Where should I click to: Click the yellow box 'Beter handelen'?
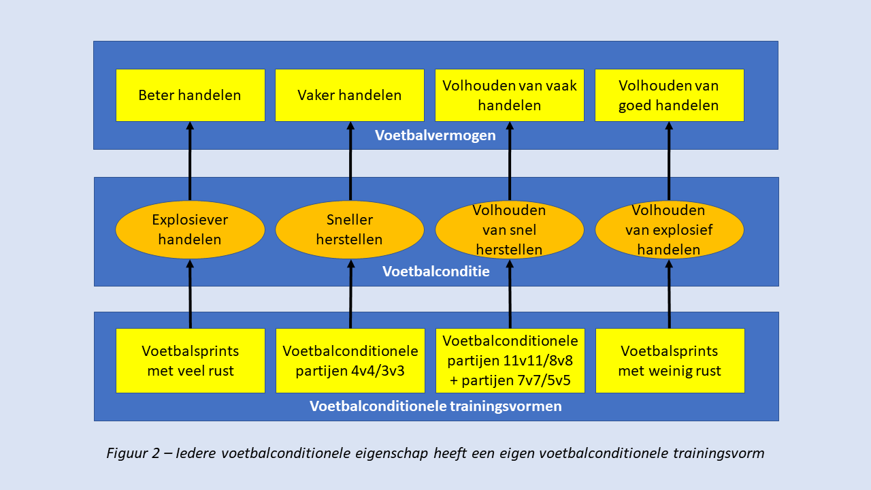point(190,95)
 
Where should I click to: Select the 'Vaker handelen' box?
point(350,95)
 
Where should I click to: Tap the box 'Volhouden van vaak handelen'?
point(510,95)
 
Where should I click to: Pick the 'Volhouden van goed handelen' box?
point(669,95)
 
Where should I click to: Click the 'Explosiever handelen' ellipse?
point(190,229)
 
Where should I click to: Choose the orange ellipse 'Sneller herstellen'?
point(350,229)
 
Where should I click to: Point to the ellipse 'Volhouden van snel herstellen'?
point(510,229)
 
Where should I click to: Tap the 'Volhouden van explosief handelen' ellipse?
point(669,229)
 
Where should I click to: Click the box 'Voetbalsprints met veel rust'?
point(191,361)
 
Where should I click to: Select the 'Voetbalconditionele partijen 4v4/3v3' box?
point(350,361)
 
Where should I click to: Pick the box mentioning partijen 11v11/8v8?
point(510,361)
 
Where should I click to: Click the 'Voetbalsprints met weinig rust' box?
point(670,361)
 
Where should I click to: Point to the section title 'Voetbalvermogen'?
point(435,135)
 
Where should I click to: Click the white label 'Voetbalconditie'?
point(436,272)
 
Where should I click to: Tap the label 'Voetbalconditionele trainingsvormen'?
point(435,406)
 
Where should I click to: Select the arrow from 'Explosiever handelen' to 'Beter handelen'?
point(190,161)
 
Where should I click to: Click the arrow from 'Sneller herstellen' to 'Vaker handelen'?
point(350,161)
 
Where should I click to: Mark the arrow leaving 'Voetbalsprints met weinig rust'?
point(669,294)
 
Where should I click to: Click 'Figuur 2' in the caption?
point(133,453)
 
